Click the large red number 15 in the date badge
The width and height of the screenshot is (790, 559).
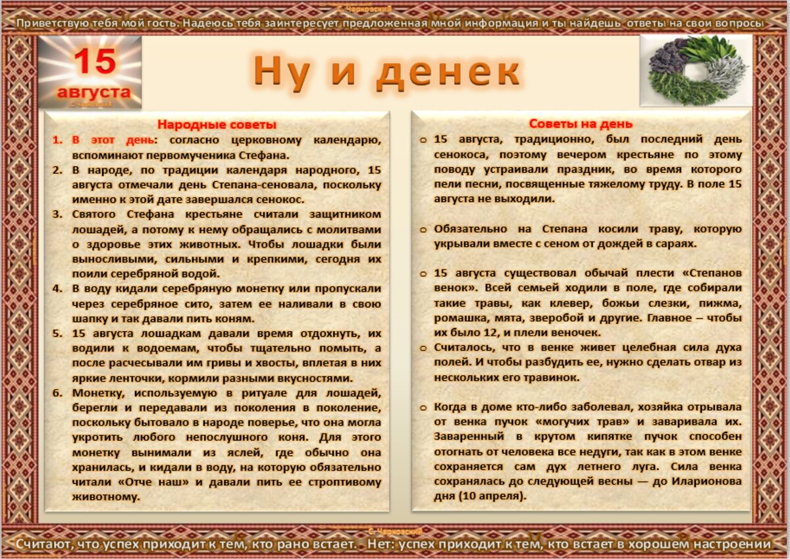pos(94,63)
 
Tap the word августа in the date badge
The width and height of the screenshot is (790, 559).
pos(93,91)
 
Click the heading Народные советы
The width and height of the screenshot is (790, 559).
pos(217,124)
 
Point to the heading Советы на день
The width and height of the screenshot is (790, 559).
pos(581,124)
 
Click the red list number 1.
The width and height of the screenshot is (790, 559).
pos(57,140)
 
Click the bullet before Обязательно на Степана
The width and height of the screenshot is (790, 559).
pos(423,229)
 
